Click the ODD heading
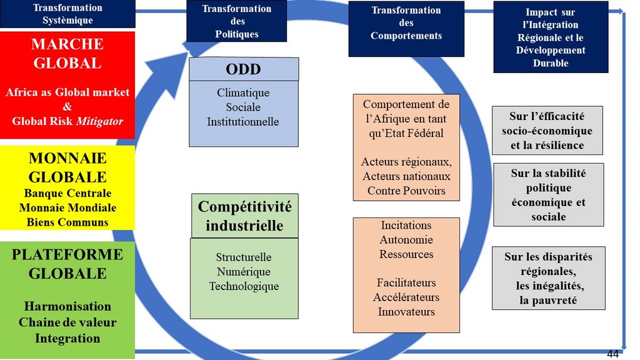coord(243,69)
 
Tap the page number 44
coord(612,354)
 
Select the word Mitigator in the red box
coord(99,121)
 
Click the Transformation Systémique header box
coord(67,14)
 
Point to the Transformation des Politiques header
coord(237,21)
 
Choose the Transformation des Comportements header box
coord(406,29)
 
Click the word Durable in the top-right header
coord(550,63)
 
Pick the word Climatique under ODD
coord(243,92)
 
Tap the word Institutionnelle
coord(243,122)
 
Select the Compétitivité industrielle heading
coord(244,216)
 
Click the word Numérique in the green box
coord(244,271)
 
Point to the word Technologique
coord(244,286)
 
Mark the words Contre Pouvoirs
coord(406,191)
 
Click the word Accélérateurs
coord(406,297)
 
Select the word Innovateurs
coord(406,312)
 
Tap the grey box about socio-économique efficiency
coord(547,131)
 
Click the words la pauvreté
coord(548,301)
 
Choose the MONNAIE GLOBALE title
coord(67,167)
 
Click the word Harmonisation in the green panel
coord(67,306)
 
